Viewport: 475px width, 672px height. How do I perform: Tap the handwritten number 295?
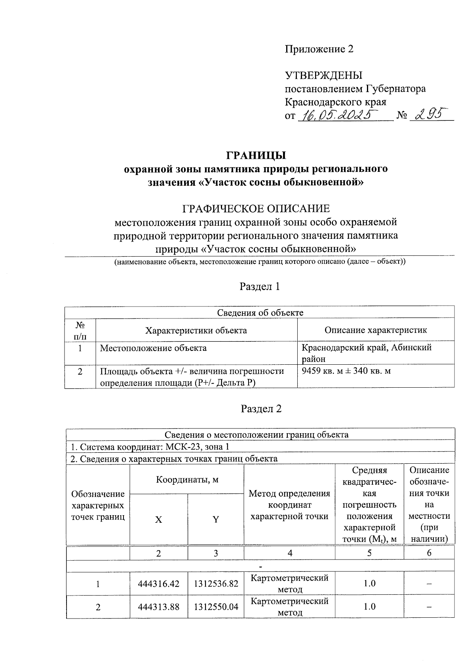(x=427, y=114)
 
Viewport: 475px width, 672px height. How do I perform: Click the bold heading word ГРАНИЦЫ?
(x=256, y=155)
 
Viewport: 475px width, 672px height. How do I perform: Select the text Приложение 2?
(x=319, y=49)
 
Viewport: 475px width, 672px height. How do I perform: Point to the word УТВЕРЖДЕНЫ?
(x=324, y=75)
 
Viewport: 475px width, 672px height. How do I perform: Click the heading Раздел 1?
(x=260, y=286)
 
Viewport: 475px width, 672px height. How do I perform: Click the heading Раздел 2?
(x=261, y=409)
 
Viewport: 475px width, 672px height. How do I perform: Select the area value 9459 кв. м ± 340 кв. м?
(x=346, y=371)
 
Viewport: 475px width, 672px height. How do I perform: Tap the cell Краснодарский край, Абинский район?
(x=367, y=353)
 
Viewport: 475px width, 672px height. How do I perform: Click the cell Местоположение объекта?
(x=153, y=348)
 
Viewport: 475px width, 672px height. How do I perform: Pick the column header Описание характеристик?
(x=376, y=330)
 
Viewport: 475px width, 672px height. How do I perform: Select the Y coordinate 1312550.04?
(x=216, y=607)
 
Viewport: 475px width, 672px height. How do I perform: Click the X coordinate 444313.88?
(x=159, y=607)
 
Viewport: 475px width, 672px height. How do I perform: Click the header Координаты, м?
(x=187, y=480)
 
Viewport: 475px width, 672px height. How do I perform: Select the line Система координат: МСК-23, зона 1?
(x=150, y=447)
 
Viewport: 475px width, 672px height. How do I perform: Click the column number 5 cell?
(x=369, y=553)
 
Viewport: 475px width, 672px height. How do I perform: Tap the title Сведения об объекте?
(x=260, y=312)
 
